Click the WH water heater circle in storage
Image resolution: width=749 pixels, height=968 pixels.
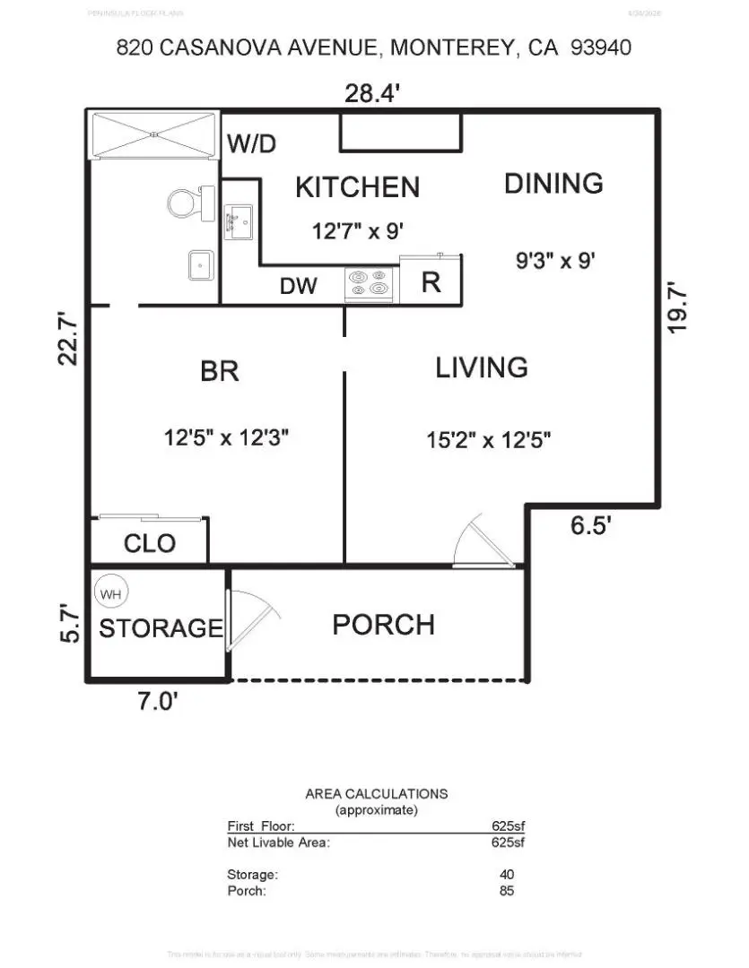click(x=111, y=592)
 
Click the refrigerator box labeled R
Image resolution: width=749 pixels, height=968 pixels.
click(x=431, y=282)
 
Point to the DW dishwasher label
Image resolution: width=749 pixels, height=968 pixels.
click(x=298, y=286)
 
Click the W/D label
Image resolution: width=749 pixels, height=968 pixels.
click(x=252, y=143)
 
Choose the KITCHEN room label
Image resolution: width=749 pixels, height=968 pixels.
click(x=357, y=187)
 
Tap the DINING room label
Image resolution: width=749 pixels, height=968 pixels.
click(x=553, y=183)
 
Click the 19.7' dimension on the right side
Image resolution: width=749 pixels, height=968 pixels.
click(x=679, y=307)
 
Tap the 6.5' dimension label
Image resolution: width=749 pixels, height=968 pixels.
click(x=591, y=526)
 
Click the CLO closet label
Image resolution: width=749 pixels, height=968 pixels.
click(x=150, y=543)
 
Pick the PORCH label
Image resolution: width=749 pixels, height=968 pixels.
click(x=383, y=625)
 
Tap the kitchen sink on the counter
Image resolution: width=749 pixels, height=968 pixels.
click(x=238, y=220)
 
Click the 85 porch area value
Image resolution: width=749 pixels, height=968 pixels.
click(x=506, y=891)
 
